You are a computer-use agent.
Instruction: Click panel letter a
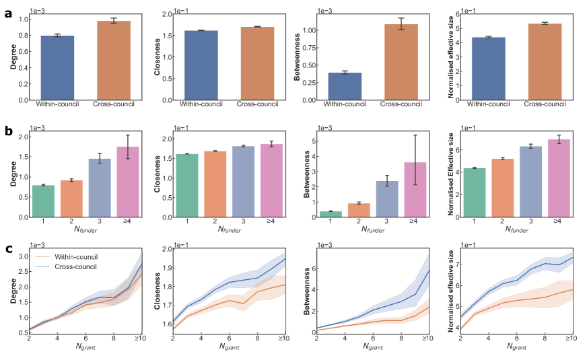tap(8, 13)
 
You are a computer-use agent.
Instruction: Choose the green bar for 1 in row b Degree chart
tap(44, 201)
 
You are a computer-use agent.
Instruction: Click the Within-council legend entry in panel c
tap(77, 257)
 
